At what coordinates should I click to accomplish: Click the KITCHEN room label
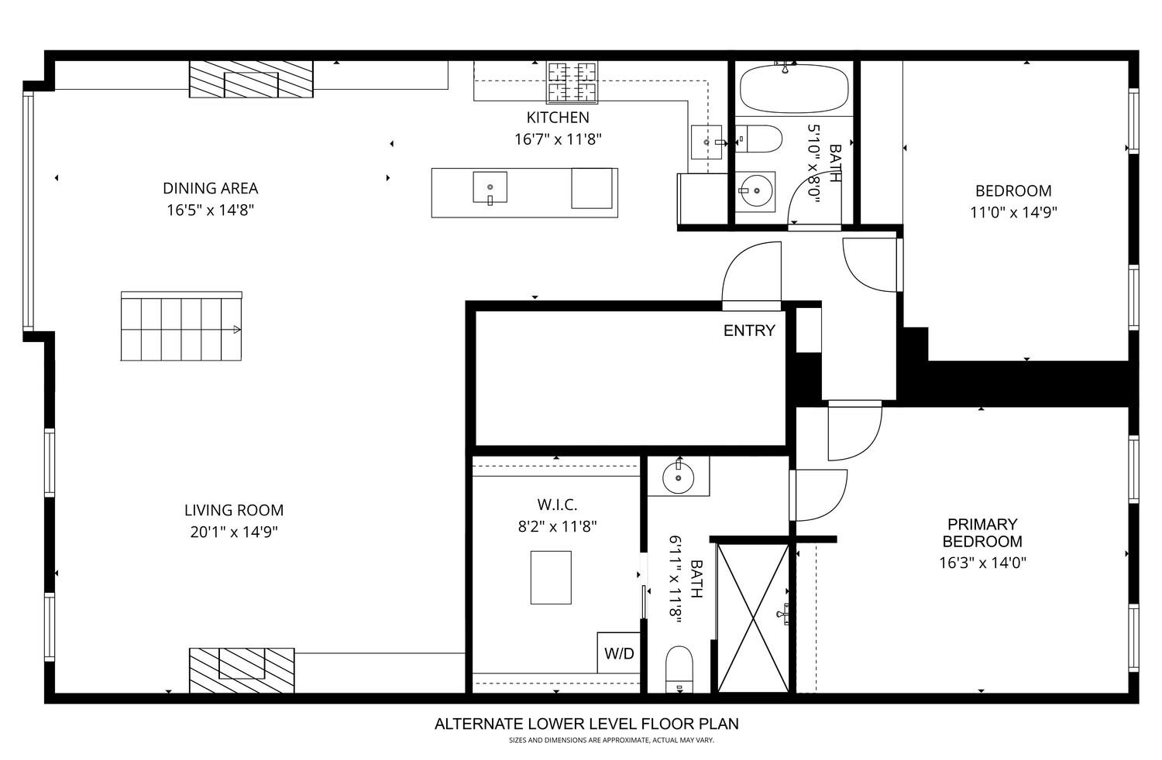pyautogui.click(x=558, y=118)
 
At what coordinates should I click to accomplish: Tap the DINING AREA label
pyautogui.click(x=210, y=188)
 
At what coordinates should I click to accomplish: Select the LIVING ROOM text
pyautogui.click(x=234, y=510)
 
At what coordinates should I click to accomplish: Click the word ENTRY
pyautogui.click(x=748, y=330)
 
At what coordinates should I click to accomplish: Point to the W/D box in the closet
pyautogui.click(x=619, y=653)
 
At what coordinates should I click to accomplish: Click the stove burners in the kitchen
pyautogui.click(x=573, y=82)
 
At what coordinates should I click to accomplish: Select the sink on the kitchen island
pyautogui.click(x=490, y=187)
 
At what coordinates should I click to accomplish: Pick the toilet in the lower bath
pyautogui.click(x=679, y=668)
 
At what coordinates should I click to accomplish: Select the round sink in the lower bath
pyautogui.click(x=679, y=477)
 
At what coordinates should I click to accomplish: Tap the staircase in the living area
pyautogui.click(x=181, y=327)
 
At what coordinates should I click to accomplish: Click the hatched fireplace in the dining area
pyautogui.click(x=251, y=80)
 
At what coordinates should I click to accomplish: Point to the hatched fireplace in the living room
pyautogui.click(x=242, y=669)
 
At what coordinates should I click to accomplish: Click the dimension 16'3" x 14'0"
pyautogui.click(x=982, y=563)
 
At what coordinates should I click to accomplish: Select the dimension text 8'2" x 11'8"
pyautogui.click(x=557, y=526)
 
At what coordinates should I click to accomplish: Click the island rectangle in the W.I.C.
pyautogui.click(x=551, y=577)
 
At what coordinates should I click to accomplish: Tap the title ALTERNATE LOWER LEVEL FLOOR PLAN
pyautogui.click(x=586, y=724)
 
